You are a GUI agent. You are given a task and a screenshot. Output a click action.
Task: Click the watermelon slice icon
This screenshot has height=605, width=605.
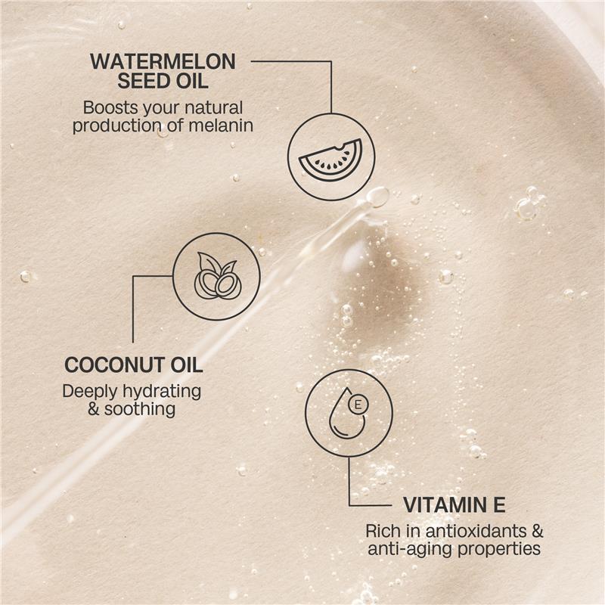330,157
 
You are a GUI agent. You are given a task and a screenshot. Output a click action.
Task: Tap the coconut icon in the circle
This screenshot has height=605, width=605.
216,277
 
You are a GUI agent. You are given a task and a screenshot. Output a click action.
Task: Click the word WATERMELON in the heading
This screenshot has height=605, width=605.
163,61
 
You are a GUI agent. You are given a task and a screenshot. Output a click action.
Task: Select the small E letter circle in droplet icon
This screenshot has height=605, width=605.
358,405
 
